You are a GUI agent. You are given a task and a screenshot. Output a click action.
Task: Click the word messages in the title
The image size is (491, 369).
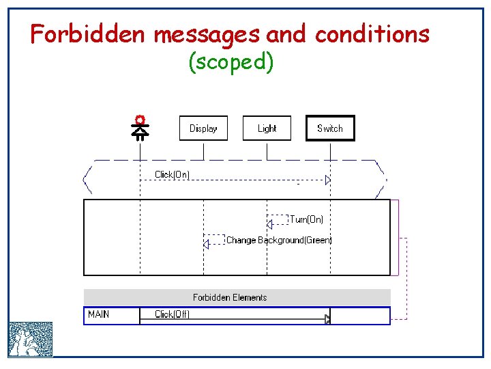pyautogui.click(x=206, y=33)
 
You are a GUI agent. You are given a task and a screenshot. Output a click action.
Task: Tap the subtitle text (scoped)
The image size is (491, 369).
pyautogui.click(x=230, y=63)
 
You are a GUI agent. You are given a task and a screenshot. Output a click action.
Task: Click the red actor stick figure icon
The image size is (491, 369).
pyautogui.click(x=140, y=127)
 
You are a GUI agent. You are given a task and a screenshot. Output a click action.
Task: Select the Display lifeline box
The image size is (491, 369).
pyautogui.click(x=203, y=128)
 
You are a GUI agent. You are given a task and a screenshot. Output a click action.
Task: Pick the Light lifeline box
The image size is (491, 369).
pyautogui.click(x=267, y=128)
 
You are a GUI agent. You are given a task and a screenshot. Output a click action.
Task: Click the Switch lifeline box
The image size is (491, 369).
pyautogui.click(x=330, y=128)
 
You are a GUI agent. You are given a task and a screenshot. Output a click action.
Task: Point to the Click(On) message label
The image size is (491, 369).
pyautogui.click(x=172, y=174)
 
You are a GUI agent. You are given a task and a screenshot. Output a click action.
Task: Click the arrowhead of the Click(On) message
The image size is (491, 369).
pyautogui.click(x=327, y=180)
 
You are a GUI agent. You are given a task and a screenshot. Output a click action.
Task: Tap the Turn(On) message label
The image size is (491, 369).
pyautogui.click(x=307, y=219)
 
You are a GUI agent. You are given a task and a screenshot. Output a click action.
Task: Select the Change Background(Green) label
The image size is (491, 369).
pyautogui.click(x=279, y=240)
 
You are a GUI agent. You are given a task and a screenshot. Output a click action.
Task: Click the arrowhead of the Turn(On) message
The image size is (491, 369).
pyautogui.click(x=269, y=223)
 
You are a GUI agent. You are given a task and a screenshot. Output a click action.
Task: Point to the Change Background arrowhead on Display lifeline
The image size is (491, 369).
pyautogui.click(x=206, y=244)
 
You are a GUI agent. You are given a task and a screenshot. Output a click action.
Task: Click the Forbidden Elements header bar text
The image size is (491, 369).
pyautogui.click(x=230, y=297)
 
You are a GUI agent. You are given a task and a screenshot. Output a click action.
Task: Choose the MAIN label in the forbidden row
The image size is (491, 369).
pyautogui.click(x=99, y=314)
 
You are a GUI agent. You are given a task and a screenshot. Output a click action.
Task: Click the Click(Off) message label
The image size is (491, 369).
pyautogui.click(x=172, y=314)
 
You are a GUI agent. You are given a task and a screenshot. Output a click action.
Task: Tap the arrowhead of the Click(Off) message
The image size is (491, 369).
pyautogui.click(x=327, y=318)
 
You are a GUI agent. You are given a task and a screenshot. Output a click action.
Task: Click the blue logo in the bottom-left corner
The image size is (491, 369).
pyautogui.click(x=31, y=340)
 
